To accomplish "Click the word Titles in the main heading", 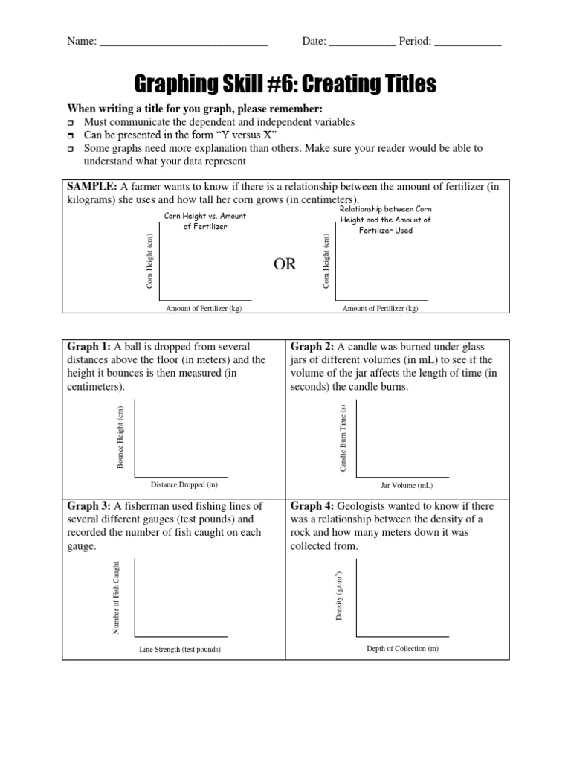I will pyautogui.click(x=400, y=84).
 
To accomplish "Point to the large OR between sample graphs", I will pyautogui.click(x=285, y=264).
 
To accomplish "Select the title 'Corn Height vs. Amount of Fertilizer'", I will pyautogui.click(x=204, y=221).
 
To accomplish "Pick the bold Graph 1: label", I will pyautogui.click(x=89, y=347).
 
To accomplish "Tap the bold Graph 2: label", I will pyautogui.click(x=312, y=347).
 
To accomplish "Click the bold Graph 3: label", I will pyautogui.click(x=89, y=506).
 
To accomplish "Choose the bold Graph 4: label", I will pyautogui.click(x=312, y=506).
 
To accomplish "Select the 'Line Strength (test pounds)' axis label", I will pyautogui.click(x=181, y=649).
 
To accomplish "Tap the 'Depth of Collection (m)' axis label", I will pyautogui.click(x=403, y=648).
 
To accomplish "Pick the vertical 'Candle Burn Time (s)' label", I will pyautogui.click(x=343, y=438).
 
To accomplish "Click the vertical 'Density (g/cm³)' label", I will pyautogui.click(x=339, y=597).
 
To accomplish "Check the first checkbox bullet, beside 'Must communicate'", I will pyautogui.click(x=71, y=122).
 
